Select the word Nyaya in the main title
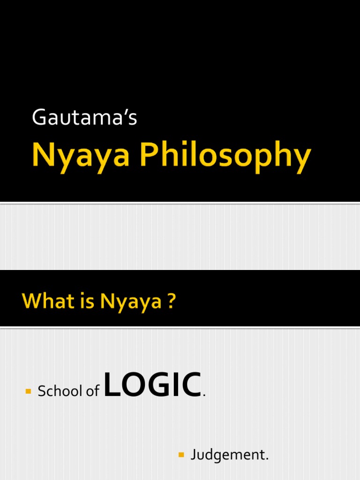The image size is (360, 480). (80, 157)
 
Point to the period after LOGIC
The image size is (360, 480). (204, 395)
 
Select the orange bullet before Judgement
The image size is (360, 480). (182, 455)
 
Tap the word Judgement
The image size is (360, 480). (230, 455)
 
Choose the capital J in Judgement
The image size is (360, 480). (193, 455)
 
